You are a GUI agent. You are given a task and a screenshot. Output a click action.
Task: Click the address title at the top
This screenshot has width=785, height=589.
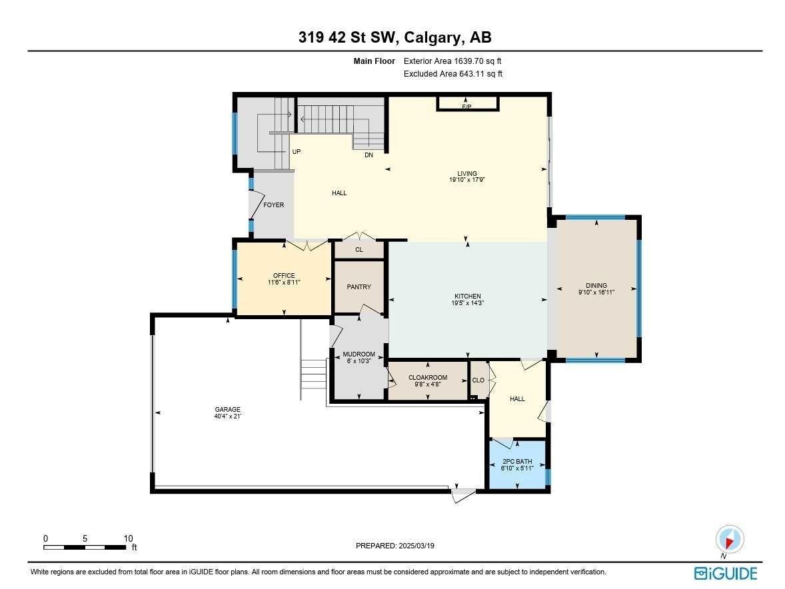tap(395, 37)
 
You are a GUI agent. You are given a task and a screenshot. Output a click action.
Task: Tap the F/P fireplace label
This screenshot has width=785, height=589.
tap(466, 107)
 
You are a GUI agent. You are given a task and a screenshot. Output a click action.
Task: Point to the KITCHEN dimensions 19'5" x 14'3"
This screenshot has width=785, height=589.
tap(466, 303)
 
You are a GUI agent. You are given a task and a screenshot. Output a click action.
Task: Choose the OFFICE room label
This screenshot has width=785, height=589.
tap(283, 276)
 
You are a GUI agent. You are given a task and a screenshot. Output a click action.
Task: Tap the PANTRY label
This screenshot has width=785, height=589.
tap(359, 287)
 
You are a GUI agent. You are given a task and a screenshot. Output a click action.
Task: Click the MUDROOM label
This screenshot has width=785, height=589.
tap(359, 354)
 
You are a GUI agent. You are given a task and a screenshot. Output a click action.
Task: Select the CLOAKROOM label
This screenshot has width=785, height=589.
tap(427, 378)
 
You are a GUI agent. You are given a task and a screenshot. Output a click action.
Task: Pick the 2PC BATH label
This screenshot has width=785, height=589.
tap(517, 462)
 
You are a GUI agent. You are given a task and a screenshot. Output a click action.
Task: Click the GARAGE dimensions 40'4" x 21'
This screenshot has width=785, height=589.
tap(227, 417)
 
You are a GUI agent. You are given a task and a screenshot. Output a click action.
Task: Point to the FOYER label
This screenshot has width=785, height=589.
tap(273, 205)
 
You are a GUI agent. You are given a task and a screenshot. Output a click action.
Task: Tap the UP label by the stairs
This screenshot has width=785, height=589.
tap(297, 152)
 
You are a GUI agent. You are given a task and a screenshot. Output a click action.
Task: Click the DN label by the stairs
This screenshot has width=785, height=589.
tap(369, 155)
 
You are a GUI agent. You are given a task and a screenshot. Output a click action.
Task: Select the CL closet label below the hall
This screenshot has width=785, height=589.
tap(359, 250)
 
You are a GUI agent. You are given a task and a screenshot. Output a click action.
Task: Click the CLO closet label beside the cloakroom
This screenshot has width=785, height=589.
tap(478, 380)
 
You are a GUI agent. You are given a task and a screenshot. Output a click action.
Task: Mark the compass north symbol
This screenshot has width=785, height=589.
tap(729, 540)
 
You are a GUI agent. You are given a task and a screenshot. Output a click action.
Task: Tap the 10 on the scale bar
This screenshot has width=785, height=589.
tap(128, 538)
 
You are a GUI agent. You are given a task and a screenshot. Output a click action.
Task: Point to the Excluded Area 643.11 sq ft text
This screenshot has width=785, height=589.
tap(453, 74)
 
